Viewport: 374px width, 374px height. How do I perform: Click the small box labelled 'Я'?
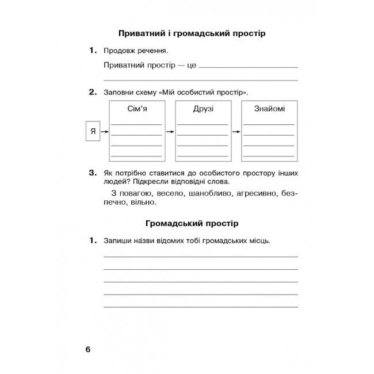click(x=93, y=132)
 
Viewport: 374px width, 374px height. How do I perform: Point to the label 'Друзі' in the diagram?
click(x=203, y=109)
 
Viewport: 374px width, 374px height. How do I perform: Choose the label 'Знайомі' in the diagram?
click(x=269, y=109)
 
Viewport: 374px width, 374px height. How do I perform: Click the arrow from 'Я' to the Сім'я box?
click(x=105, y=132)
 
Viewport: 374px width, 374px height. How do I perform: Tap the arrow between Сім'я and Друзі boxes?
click(x=170, y=132)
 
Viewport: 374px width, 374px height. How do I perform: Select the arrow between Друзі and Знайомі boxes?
click(x=236, y=132)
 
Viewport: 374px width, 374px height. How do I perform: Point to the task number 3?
click(x=92, y=172)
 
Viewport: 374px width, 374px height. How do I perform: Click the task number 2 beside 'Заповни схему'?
click(x=92, y=91)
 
